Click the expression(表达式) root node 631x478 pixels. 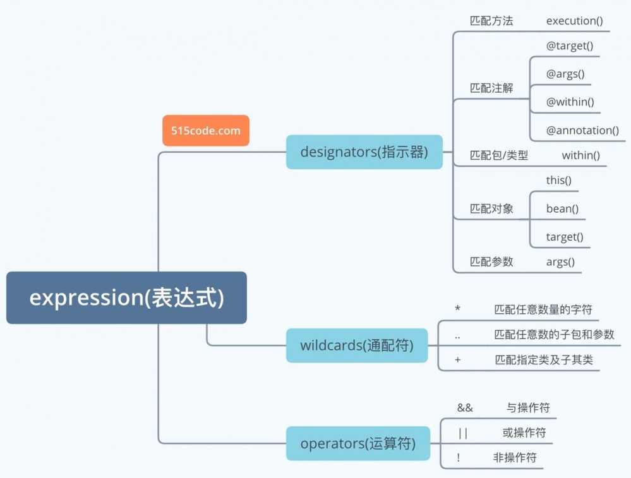pos(126,297)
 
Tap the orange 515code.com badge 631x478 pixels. pos(206,131)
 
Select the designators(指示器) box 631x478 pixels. pos(364,152)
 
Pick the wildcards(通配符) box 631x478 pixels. pos(357,345)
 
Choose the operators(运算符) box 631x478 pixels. pos(358,443)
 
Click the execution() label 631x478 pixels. pos(575,21)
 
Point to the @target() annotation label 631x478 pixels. pos(570,45)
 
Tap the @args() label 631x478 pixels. pos(565,73)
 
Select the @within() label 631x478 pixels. pos(570,102)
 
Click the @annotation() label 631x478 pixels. pos(582,130)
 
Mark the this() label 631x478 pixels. pos(559,181)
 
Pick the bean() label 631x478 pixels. pos(563,208)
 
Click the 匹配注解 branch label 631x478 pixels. pos(491,88)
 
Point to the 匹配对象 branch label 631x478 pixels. pos(491,209)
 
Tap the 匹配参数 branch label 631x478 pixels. pos(491,261)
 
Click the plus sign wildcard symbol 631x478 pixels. pos(457,360)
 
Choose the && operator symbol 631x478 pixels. pos(465,408)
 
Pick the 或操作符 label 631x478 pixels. pos(524,433)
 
